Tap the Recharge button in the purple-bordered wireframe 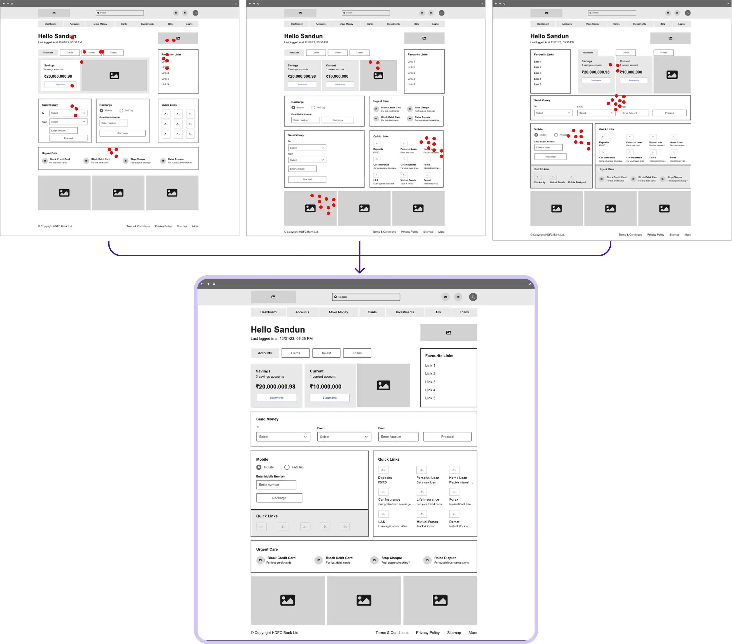pyautogui.click(x=279, y=498)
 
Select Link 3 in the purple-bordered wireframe pyautogui.click(x=430, y=382)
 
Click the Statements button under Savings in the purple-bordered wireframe pyautogui.click(x=276, y=397)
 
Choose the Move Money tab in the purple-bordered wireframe pyautogui.click(x=338, y=312)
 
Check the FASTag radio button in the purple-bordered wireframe pyautogui.click(x=287, y=467)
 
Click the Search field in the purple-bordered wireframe pyautogui.click(x=366, y=297)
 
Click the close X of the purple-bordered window pyautogui.click(x=530, y=284)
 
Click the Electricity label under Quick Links pyautogui.click(x=540, y=182)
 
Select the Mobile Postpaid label pyautogui.click(x=577, y=182)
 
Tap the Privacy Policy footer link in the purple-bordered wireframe pyautogui.click(x=428, y=632)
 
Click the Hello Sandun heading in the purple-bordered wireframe pyautogui.click(x=277, y=329)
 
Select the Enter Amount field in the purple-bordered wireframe pyautogui.click(x=398, y=437)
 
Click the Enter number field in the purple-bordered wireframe pyautogui.click(x=276, y=485)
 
